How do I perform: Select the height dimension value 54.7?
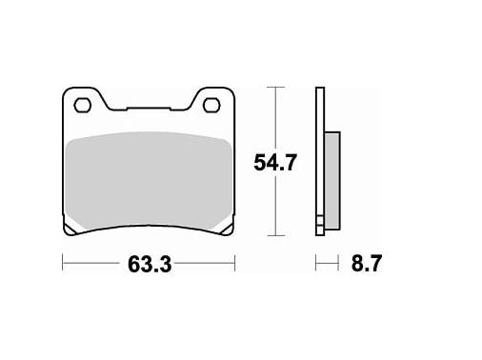tap(276, 163)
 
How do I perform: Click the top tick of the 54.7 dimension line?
tap(275, 88)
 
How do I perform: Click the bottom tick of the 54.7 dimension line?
tap(275, 235)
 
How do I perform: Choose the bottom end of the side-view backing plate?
tap(320, 233)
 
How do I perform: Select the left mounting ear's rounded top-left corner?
tap(66, 91)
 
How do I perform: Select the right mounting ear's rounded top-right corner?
tap(231, 91)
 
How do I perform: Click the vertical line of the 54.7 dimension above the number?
tap(275, 119)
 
